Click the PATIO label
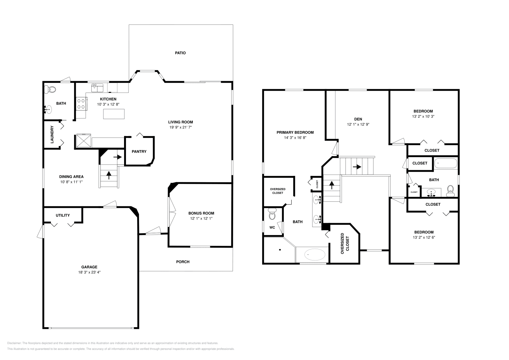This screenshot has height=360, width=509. click(x=180, y=53)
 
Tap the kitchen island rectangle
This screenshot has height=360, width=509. click(x=114, y=114)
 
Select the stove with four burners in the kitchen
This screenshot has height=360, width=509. click(x=81, y=104)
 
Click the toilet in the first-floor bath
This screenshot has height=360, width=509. click(x=50, y=89)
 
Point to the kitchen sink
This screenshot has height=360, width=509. click(x=97, y=88)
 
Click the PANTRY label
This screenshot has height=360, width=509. click(x=139, y=151)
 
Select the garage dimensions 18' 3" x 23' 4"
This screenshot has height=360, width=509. click(x=89, y=272)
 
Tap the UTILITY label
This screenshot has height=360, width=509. click(x=63, y=215)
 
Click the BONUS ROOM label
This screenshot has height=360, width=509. click(x=201, y=213)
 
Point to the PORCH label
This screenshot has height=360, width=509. click(x=183, y=262)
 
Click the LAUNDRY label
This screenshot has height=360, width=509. click(x=52, y=135)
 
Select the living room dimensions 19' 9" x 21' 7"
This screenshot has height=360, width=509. click(x=180, y=127)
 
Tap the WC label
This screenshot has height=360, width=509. click(x=272, y=227)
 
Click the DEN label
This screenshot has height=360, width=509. click(x=358, y=119)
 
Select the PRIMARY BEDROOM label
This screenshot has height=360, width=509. click(x=295, y=132)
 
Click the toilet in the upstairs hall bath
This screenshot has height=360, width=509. click(x=450, y=191)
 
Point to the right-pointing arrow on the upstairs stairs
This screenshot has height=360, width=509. click(x=357, y=167)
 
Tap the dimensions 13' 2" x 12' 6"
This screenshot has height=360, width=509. click(x=424, y=237)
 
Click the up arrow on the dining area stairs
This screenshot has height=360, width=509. click(x=109, y=175)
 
